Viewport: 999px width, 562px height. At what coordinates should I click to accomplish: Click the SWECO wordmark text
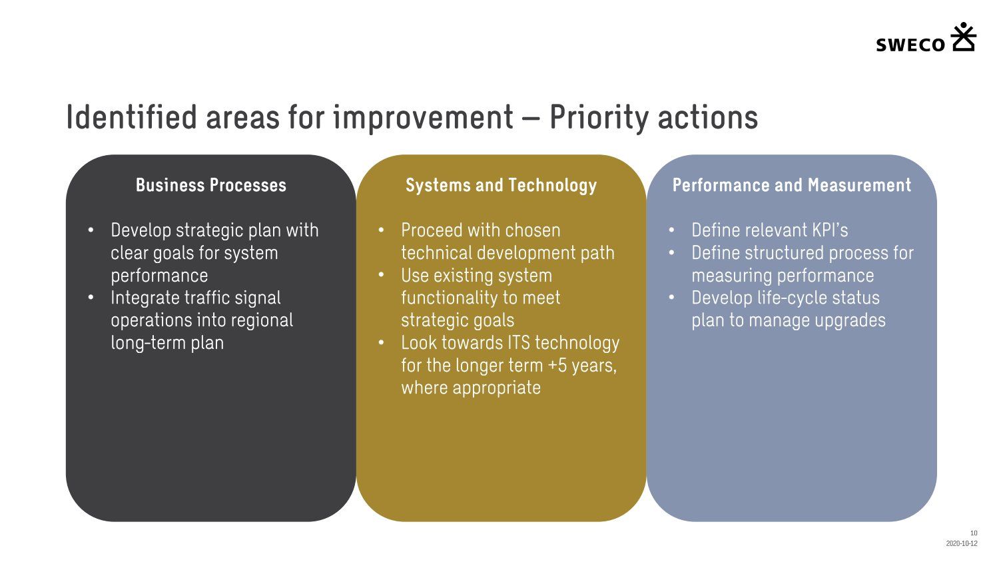[x=910, y=45]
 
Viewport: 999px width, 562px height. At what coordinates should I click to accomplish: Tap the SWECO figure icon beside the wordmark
[x=963, y=37]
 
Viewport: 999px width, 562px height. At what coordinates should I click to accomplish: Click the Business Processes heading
[x=211, y=185]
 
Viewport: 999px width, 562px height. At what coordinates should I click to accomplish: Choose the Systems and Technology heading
[x=501, y=186]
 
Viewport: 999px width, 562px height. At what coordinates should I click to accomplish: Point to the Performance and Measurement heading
[x=792, y=185]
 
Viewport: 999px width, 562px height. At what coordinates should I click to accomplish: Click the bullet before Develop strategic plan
[x=91, y=230]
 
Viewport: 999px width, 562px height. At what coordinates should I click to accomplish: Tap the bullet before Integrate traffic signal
[x=91, y=298]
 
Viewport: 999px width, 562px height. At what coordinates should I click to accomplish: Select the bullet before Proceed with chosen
[x=382, y=230]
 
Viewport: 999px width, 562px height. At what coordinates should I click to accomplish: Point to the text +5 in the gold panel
[x=557, y=366]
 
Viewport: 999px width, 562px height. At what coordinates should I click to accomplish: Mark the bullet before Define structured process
[x=671, y=253]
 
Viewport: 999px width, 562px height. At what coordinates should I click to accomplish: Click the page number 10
[x=974, y=533]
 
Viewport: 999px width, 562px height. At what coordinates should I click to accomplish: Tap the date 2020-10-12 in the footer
[x=962, y=543]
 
